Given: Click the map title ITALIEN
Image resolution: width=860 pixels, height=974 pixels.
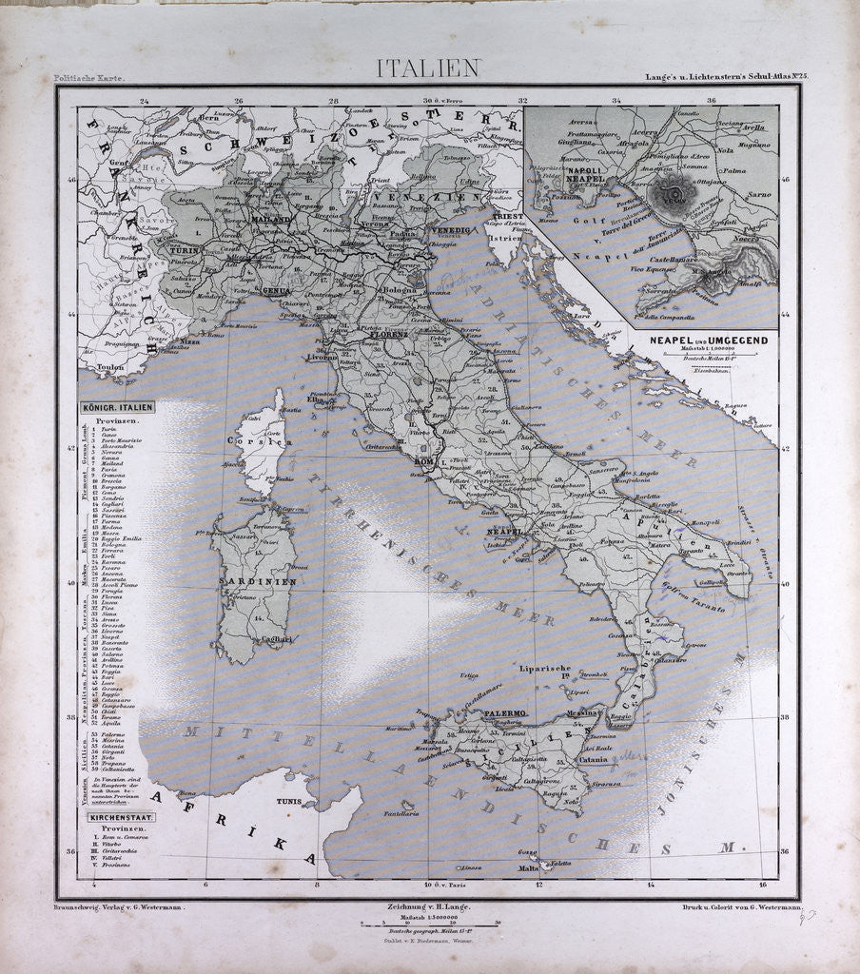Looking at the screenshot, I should click(x=429, y=68).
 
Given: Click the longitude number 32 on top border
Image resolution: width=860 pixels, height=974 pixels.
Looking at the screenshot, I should click(x=522, y=100).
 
